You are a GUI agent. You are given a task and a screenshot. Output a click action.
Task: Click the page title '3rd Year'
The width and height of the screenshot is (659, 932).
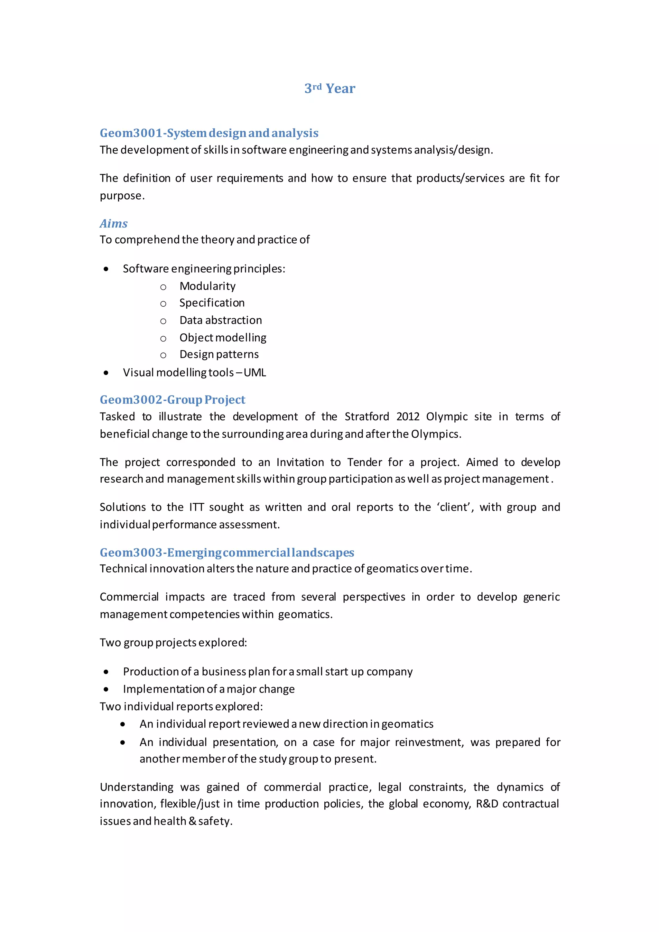click(329, 89)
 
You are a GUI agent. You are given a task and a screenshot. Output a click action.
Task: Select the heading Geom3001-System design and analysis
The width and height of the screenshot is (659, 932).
click(209, 133)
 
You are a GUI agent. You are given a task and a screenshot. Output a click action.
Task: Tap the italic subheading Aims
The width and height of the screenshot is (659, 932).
click(114, 224)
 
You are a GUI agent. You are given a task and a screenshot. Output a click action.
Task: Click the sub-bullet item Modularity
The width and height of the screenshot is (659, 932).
click(207, 286)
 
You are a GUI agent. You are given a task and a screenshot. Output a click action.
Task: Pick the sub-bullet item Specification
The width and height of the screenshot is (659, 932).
click(212, 303)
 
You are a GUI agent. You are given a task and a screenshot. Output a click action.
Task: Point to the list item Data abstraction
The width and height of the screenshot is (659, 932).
click(220, 320)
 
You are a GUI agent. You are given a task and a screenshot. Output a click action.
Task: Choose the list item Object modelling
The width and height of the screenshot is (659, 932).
click(223, 338)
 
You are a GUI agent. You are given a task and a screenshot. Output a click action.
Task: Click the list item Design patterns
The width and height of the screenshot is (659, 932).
click(219, 354)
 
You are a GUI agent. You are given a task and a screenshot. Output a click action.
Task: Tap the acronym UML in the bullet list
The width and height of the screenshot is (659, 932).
click(255, 373)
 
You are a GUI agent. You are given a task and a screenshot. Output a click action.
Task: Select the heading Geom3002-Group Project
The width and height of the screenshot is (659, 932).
click(172, 400)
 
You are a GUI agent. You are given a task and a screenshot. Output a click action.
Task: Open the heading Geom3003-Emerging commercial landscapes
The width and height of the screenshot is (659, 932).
click(227, 553)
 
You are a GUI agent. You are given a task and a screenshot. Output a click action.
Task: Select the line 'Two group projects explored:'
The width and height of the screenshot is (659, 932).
click(173, 643)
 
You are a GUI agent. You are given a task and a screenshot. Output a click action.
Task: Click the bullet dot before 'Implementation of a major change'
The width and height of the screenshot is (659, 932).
click(106, 689)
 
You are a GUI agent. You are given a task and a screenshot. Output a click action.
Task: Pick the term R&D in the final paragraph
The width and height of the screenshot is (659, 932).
click(487, 804)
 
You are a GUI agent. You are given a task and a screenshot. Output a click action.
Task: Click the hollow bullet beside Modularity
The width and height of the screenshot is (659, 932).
click(163, 287)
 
